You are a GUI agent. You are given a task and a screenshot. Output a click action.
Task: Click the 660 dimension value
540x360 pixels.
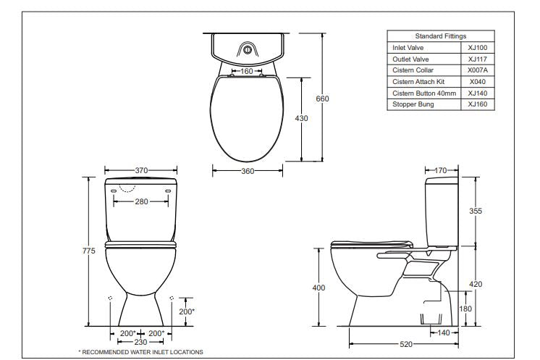[323, 99]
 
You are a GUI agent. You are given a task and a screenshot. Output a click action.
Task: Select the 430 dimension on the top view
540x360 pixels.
[303, 118]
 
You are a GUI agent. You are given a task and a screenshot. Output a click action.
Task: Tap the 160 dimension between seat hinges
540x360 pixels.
[247, 71]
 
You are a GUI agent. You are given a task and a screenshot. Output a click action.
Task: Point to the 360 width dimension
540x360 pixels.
[248, 171]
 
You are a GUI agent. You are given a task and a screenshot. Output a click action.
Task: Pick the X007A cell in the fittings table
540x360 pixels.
[477, 70]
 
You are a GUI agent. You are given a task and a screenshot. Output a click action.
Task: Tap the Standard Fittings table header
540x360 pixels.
[440, 35]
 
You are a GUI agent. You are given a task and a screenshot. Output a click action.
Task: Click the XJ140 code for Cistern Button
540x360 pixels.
[477, 93]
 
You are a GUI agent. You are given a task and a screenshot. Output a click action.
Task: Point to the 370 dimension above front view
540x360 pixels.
[142, 169]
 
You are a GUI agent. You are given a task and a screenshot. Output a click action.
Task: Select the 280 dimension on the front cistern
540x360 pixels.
[142, 201]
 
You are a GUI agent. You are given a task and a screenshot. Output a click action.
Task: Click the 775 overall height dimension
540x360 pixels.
[89, 251]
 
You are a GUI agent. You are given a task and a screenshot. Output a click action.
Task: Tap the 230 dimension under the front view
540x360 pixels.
[142, 341]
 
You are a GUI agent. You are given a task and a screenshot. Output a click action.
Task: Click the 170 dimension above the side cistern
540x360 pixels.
[441, 170]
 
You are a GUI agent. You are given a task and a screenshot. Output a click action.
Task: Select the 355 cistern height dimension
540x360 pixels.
[476, 211]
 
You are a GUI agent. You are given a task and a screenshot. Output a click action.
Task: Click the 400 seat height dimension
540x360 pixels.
[318, 288]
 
